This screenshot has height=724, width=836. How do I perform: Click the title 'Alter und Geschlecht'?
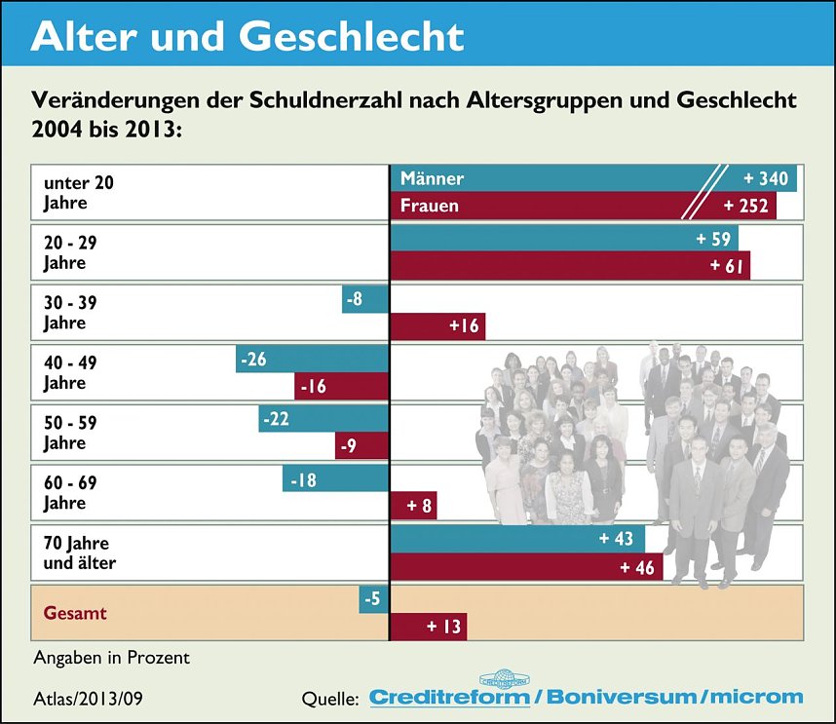click(247, 36)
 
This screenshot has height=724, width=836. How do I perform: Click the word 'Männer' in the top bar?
click(432, 178)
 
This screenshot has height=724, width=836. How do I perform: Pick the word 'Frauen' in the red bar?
click(429, 206)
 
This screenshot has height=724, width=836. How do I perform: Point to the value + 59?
click(713, 239)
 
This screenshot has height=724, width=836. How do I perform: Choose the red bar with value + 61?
click(570, 265)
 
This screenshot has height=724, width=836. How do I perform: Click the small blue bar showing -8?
click(365, 299)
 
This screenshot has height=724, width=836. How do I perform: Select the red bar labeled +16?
click(437, 325)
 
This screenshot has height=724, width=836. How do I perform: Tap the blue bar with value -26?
click(312, 359)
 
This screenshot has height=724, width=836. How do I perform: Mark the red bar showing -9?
click(361, 446)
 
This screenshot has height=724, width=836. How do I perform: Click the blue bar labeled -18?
click(335, 478)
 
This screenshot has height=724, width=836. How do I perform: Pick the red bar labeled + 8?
click(413, 506)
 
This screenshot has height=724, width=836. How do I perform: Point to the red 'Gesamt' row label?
click(75, 613)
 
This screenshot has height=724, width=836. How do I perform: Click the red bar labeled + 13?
click(428, 627)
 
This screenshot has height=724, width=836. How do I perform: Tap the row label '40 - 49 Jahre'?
click(71, 372)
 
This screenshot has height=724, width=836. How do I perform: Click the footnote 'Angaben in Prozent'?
click(111, 658)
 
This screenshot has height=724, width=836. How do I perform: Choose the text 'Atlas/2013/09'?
click(88, 697)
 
